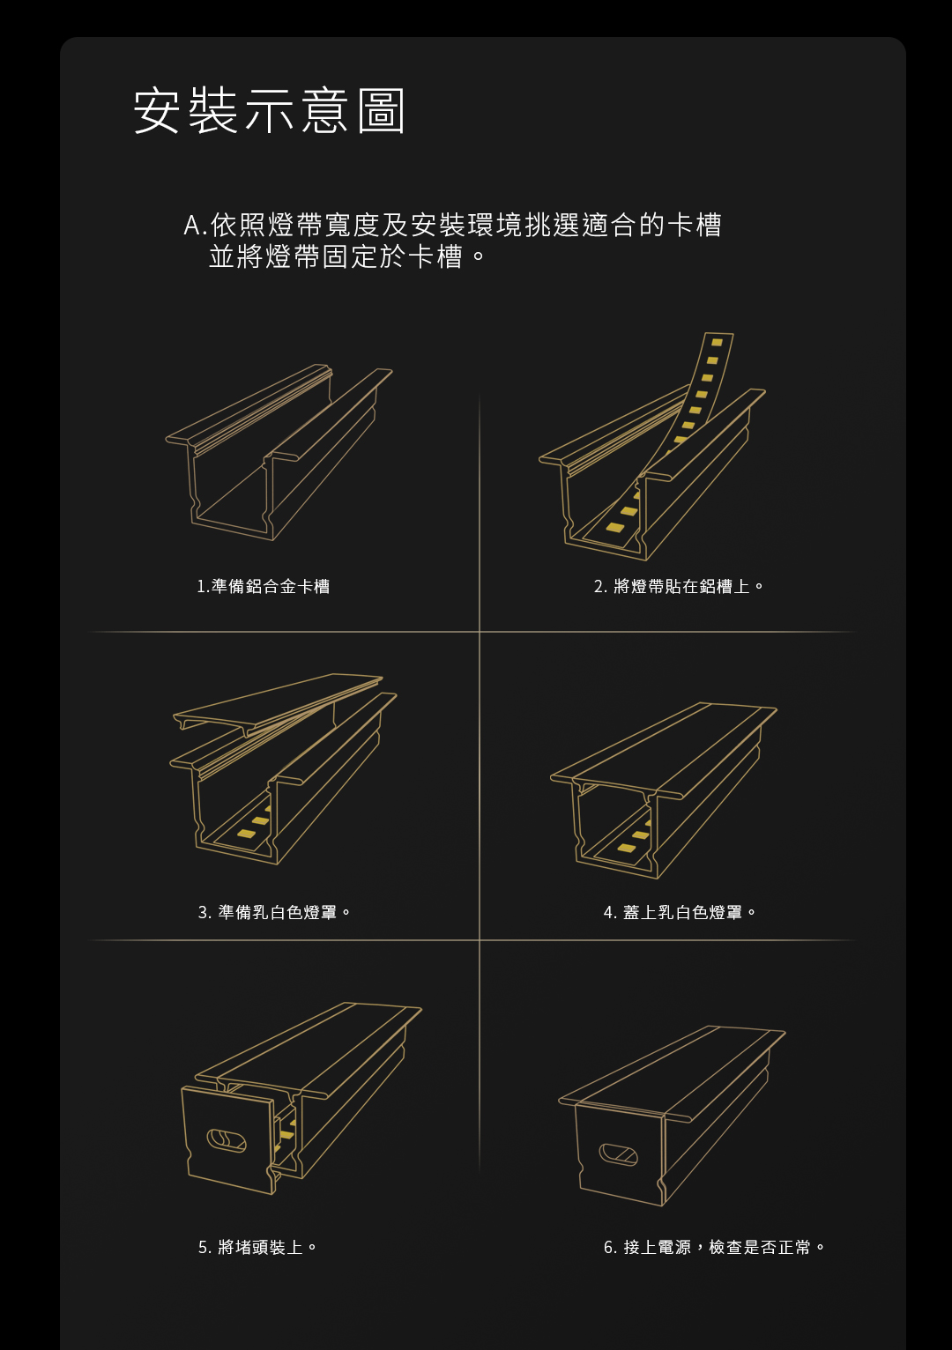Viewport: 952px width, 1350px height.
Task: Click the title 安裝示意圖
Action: pos(269,110)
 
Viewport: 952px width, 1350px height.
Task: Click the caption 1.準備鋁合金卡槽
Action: pos(263,586)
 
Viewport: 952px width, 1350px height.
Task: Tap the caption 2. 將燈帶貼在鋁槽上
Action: pos(679,586)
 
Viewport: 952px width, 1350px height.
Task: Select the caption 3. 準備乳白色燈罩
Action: pos(274,912)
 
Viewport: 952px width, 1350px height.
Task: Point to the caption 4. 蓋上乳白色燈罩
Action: pos(680,912)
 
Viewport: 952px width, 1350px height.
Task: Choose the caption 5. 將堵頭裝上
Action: pos(257,1247)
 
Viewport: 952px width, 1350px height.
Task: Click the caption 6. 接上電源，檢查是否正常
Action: pos(715,1247)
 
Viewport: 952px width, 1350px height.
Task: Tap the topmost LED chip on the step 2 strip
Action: pos(717,342)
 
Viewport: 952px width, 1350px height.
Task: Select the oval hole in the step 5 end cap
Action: pos(227,1140)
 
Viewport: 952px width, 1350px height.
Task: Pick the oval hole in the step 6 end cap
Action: pos(618,1154)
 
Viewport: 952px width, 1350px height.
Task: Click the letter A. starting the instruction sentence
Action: pos(196,226)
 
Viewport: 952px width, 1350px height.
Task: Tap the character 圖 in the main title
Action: pos(381,111)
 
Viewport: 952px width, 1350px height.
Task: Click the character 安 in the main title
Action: pos(155,110)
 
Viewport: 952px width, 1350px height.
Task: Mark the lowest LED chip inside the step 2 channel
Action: pos(615,527)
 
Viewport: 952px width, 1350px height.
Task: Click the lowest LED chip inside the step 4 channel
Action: pos(626,848)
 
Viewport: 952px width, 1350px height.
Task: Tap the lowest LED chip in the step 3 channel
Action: pos(245,834)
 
